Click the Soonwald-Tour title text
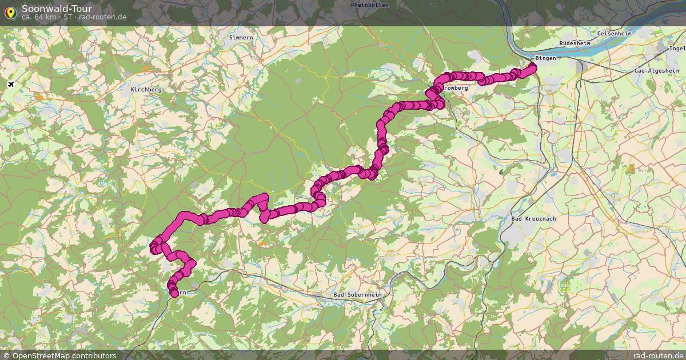tap(57, 9)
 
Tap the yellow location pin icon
tap(10, 11)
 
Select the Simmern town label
tap(240, 38)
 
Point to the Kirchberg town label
tap(146, 90)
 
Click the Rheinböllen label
tap(369, 5)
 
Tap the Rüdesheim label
tap(575, 43)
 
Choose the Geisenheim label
tap(614, 34)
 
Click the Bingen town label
tap(545, 58)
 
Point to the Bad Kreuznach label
tap(533, 219)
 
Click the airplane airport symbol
tap(11, 85)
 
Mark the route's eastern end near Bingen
tap(533, 67)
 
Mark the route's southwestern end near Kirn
tap(174, 294)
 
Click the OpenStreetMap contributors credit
tap(59, 355)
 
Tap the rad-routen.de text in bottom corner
tap(657, 355)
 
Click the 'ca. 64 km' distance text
tap(39, 17)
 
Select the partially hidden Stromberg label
tap(456, 89)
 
